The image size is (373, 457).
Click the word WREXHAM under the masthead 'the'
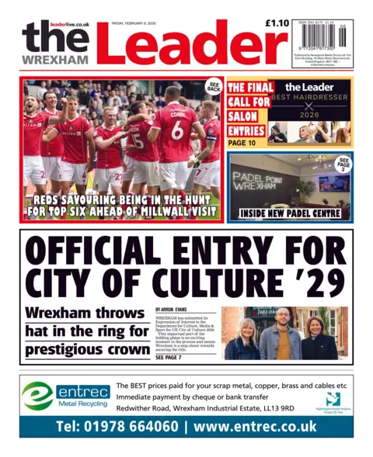click(x=54, y=60)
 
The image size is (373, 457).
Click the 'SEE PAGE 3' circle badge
click(x=343, y=164)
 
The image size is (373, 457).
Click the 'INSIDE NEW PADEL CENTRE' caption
click(x=289, y=213)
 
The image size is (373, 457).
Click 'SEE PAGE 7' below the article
click(x=169, y=358)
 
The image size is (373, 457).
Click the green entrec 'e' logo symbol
click(x=36, y=395)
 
